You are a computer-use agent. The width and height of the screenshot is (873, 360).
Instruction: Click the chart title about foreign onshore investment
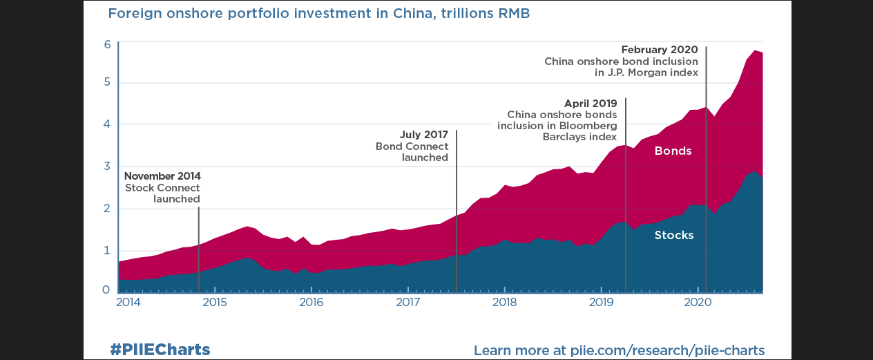coord(318,14)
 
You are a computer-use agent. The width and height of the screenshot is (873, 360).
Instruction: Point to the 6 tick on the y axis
coord(107,45)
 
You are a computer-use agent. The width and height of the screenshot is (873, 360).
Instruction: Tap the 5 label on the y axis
coord(107,83)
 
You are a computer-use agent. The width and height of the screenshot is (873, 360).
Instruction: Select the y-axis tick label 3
coord(107,167)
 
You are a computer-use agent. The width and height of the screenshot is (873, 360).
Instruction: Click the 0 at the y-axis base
coord(107,290)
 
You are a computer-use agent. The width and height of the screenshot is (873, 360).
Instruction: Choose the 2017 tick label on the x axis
coord(408,303)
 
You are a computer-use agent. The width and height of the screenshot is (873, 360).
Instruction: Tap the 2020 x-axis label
coord(698,303)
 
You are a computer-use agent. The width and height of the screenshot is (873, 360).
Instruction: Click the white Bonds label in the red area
coord(673,151)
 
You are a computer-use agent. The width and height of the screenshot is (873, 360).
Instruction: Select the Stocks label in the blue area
coord(673,235)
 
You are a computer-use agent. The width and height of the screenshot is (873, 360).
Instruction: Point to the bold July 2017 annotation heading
coord(424,135)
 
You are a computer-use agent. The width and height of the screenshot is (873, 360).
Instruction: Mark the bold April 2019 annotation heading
coord(591,104)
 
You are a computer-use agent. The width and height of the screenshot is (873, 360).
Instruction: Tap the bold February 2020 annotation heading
coord(659,50)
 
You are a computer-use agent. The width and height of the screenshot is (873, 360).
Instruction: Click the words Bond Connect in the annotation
coord(412,146)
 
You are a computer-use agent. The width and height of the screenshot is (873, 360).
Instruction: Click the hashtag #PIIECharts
coord(160,350)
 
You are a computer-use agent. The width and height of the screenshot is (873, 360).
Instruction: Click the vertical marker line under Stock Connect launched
coord(199,249)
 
